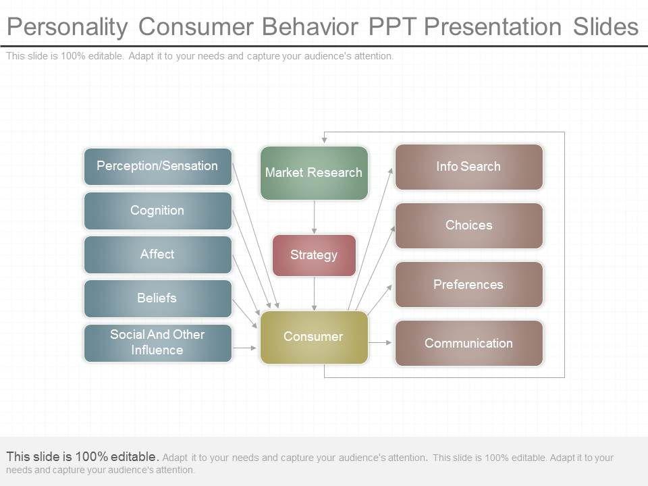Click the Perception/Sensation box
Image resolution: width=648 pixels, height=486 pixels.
pos(157,166)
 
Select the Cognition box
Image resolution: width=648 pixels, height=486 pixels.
pos(157,211)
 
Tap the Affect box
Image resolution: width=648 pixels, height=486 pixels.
pos(157,254)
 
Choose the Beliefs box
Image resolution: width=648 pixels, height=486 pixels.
pos(157,298)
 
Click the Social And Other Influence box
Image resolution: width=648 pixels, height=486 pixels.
pos(157,342)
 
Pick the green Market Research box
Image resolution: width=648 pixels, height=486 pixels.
pos(314,173)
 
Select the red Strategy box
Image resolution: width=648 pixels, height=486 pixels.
pos(314,255)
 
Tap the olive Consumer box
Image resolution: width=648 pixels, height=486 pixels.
pos(314,337)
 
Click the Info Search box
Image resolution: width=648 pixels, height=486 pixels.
pos(468,167)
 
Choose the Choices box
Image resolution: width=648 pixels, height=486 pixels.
pos(468,225)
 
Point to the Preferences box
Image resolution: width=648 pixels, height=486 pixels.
pos(468,285)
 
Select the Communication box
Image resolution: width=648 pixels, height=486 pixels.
pos(468,344)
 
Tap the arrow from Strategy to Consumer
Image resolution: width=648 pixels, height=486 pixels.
pos(314,294)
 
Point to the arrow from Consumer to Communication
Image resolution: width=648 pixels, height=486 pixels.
pos(381,343)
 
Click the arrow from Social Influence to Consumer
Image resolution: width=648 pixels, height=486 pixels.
pos(244,348)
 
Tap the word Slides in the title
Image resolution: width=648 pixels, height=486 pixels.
pos(605,27)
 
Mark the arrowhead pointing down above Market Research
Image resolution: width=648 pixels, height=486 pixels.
pos(325,140)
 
